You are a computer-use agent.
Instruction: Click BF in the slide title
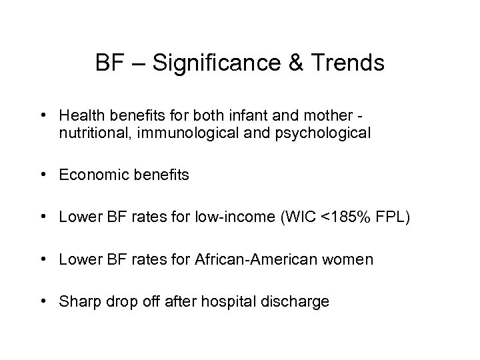[109, 63]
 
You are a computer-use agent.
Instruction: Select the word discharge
[301, 301]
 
